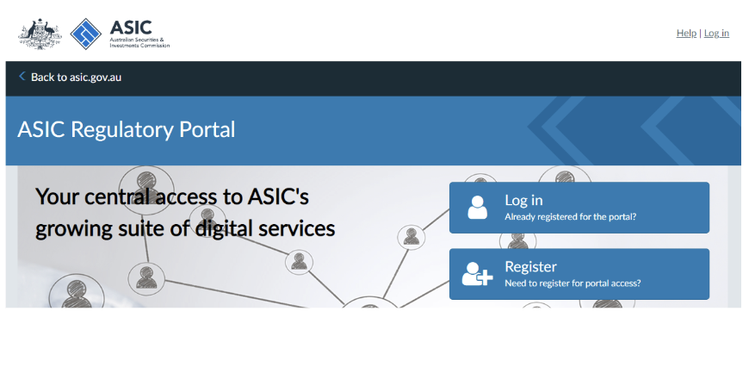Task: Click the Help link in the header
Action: tap(686, 33)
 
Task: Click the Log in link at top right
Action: tap(716, 33)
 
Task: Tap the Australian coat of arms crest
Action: tap(40, 34)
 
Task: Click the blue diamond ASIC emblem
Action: tap(86, 34)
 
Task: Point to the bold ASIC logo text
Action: tap(131, 28)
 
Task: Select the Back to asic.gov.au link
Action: tap(76, 77)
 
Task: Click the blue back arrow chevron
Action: tap(22, 76)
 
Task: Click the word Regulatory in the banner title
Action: tap(121, 130)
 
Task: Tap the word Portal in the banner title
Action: tap(207, 129)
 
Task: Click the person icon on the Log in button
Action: tap(477, 208)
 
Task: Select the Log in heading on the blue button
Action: tap(523, 201)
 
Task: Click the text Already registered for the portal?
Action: tap(570, 216)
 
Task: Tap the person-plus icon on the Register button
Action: tap(477, 274)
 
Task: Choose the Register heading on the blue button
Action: tap(530, 266)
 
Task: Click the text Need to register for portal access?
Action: tap(573, 283)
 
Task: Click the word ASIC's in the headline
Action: tap(278, 196)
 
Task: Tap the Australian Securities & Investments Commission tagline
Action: tap(139, 42)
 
